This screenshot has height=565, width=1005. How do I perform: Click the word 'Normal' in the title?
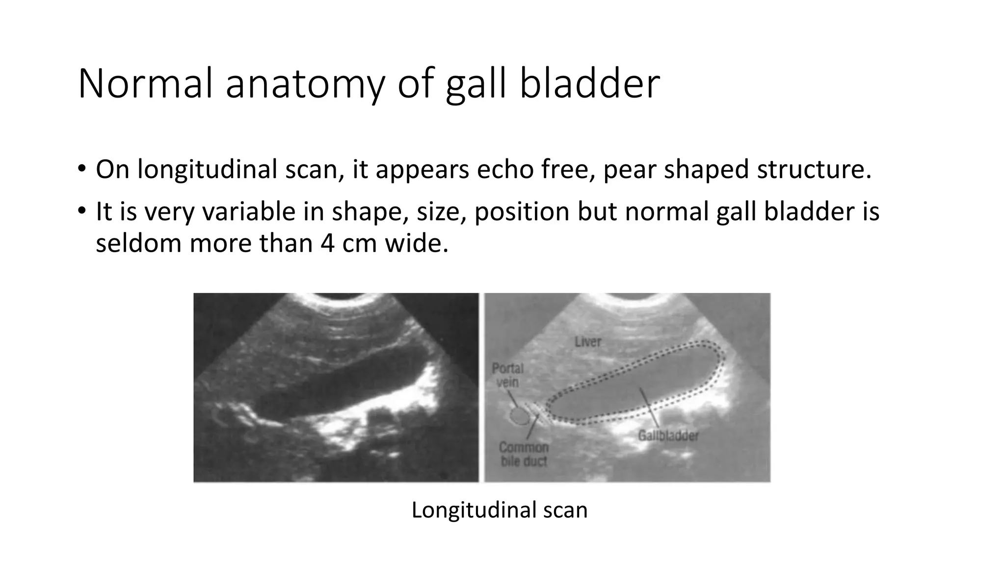145,84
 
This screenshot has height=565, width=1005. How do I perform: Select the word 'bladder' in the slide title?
589,84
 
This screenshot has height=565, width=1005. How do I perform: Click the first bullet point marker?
81,170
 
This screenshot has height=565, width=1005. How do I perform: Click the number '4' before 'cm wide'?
328,243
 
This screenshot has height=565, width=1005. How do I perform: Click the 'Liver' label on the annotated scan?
588,341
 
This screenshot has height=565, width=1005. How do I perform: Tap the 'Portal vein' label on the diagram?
507,375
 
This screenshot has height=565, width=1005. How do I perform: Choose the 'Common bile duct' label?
524,454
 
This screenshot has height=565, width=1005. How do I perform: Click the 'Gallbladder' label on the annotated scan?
668,435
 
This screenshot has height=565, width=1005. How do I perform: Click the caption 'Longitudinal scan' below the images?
499,510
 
